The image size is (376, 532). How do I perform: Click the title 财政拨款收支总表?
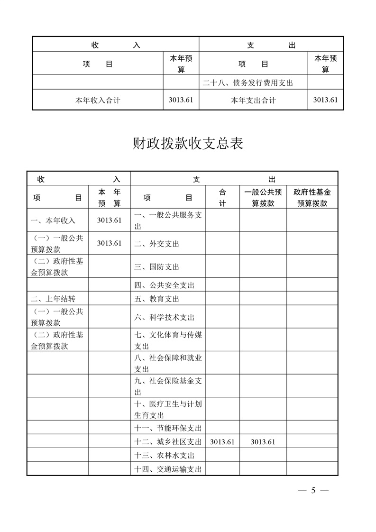pos(188,144)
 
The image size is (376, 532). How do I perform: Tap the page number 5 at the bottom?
pos(313,490)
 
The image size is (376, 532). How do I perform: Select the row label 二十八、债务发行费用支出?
pos(248,83)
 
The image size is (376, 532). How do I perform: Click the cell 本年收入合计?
pos(98,100)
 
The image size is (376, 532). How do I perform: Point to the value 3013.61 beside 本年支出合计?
pos(325,100)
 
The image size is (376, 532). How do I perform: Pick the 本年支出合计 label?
pos(253,100)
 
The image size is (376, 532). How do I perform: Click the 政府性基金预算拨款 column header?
pos(312,198)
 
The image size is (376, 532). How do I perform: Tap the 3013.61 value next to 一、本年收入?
pos(109,220)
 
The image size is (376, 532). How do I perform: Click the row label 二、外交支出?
pos(156,244)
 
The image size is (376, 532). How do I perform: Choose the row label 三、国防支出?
pos(156,267)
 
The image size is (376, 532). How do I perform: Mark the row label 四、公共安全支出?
pos(164,285)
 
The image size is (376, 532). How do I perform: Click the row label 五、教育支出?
pos(156,299)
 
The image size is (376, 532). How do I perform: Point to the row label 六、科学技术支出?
pos(164,317)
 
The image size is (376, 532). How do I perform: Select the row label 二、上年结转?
pos(53,299)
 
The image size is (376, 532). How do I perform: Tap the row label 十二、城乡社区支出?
pos(168,442)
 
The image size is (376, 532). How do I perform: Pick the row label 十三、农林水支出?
pos(164,456)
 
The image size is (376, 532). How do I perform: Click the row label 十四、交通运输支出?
pos(168,469)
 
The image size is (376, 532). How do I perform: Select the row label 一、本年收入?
pos(53,220)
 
